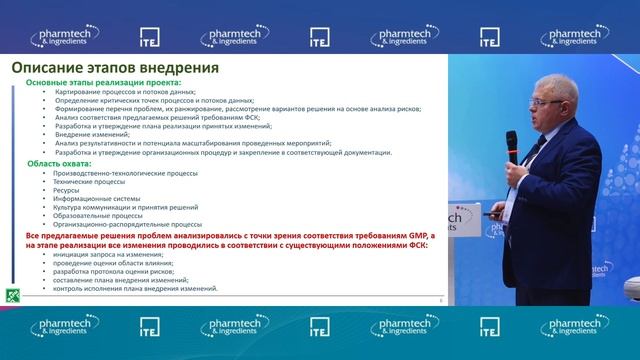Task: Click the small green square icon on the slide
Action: [x=12, y=296]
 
